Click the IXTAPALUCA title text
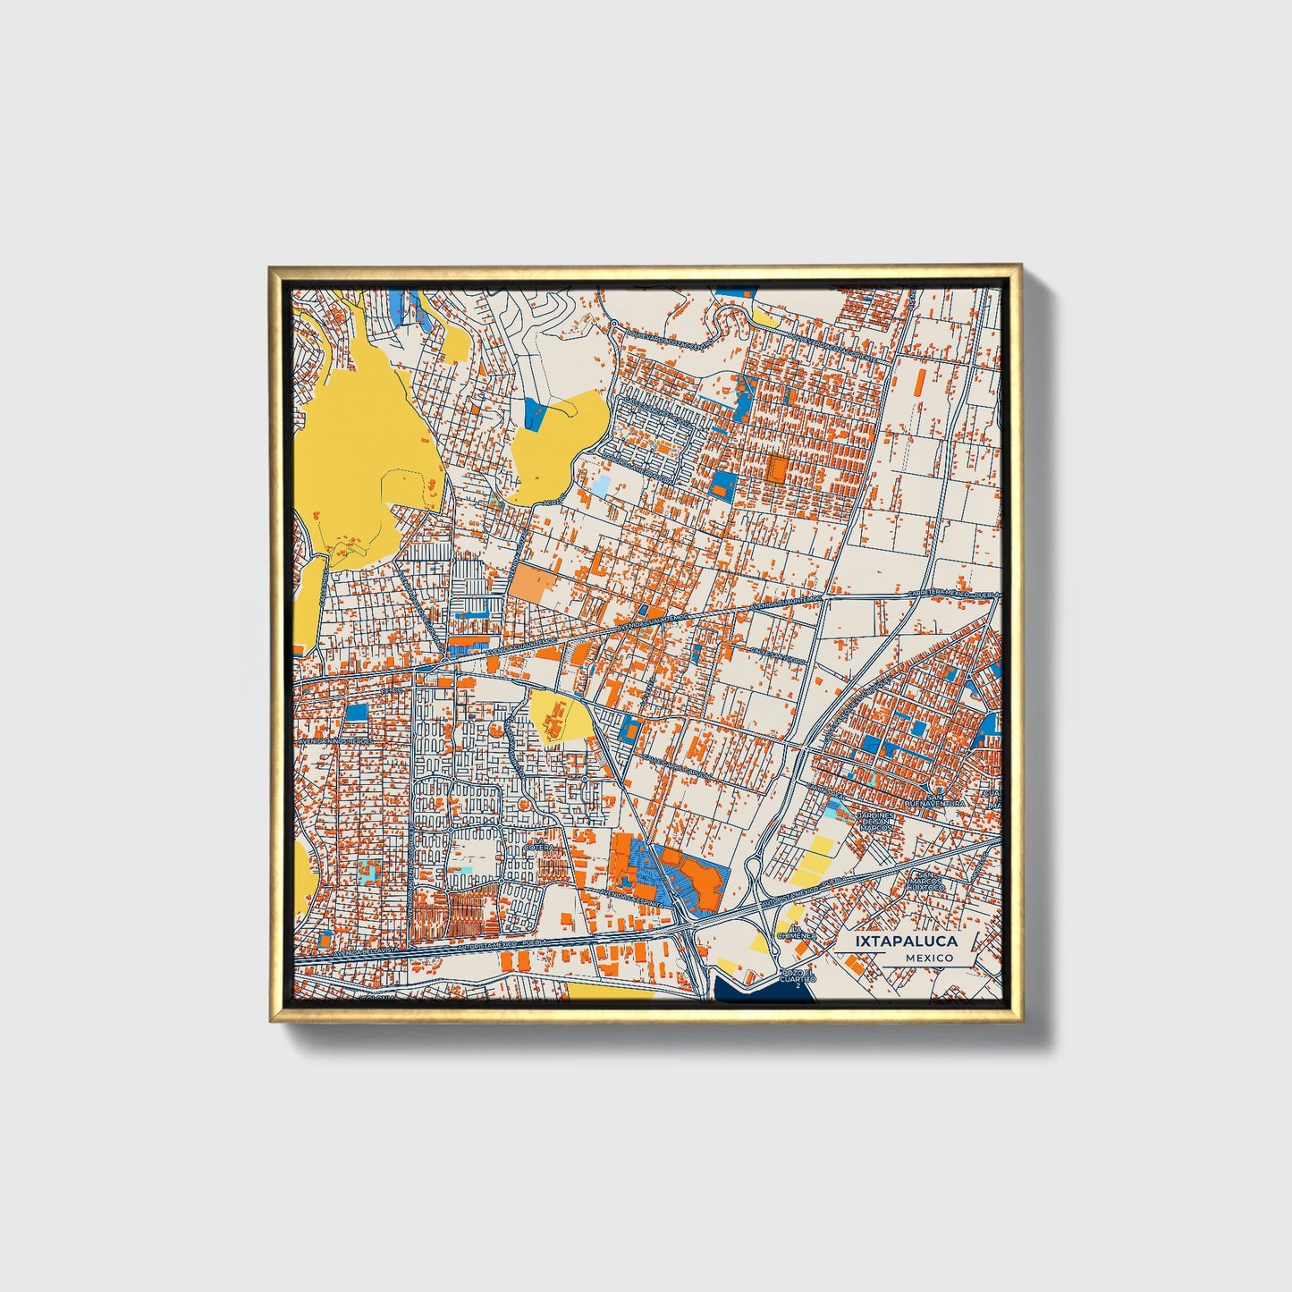point(906,942)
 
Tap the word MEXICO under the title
point(928,958)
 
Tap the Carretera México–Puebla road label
point(950,594)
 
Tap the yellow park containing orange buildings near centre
point(560,715)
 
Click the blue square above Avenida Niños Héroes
point(356,713)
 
